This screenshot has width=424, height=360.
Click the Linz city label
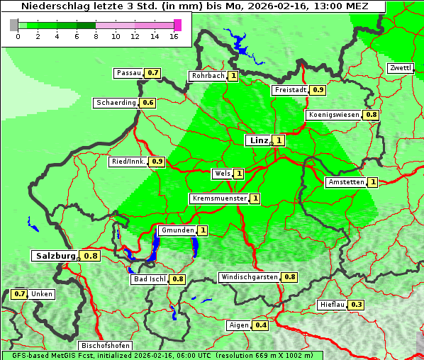click(258, 140)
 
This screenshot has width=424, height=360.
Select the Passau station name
click(129, 73)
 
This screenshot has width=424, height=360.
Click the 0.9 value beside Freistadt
click(318, 90)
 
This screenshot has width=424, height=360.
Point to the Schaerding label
click(116, 103)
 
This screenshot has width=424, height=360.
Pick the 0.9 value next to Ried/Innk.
click(157, 162)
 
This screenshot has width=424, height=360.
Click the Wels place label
click(222, 174)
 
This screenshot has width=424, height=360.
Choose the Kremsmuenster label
click(219, 198)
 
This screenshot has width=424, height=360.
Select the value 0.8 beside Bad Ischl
click(177, 279)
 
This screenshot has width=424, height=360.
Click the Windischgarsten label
click(249, 277)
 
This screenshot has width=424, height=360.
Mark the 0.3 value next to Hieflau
click(357, 305)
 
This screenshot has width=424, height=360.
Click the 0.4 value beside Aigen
click(261, 325)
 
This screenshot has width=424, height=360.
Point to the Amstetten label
click(345, 183)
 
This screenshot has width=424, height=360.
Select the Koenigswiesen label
click(334, 115)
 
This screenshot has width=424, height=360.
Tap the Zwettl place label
click(400, 68)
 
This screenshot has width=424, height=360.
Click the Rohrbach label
click(207, 76)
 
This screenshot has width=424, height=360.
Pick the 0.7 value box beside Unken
click(20, 294)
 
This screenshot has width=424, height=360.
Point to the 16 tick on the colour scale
click(174, 37)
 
